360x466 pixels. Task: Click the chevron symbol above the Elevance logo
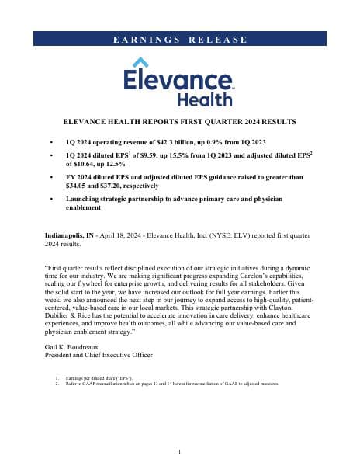click(x=141, y=63)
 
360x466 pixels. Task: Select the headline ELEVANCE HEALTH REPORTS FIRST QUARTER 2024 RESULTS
click(x=179, y=123)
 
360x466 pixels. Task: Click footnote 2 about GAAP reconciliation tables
click(x=171, y=383)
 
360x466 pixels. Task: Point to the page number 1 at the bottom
click(x=179, y=451)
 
